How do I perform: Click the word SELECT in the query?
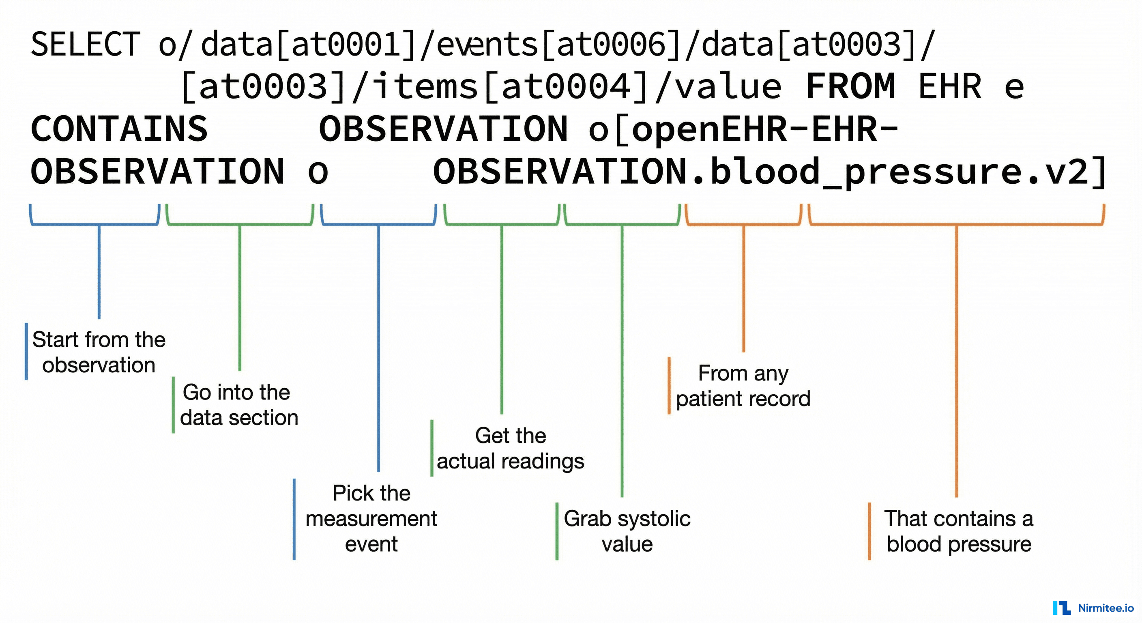pos(85,45)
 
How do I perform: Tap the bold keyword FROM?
pos(850,87)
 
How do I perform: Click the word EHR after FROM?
pos(950,87)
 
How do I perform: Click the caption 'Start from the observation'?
pos(99,352)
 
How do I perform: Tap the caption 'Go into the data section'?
pos(238,405)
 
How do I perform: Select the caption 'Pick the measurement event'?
pos(371,518)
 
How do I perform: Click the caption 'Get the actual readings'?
pos(510,448)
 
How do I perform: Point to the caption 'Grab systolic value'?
pos(627,531)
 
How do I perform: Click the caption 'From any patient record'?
pos(743,386)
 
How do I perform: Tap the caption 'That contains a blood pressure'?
pos(958,531)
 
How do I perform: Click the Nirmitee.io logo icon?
pos(1061,608)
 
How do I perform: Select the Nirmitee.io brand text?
pos(1106,608)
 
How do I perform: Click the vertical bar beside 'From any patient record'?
pos(669,385)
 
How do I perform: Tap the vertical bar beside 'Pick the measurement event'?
pos(294,519)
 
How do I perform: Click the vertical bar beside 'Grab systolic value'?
pos(557,531)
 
